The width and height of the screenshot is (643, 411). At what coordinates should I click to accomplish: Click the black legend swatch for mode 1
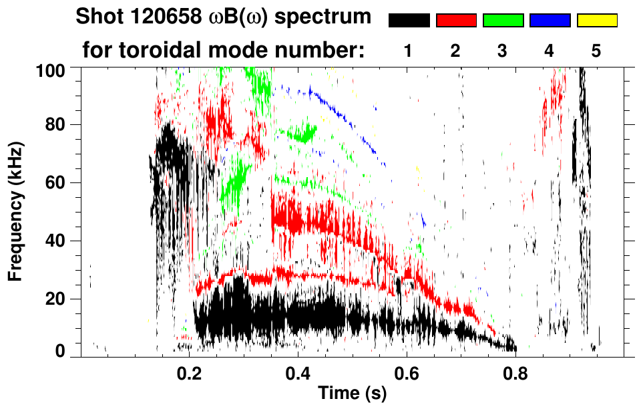tap(409, 21)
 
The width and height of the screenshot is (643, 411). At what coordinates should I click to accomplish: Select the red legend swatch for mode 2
tap(456, 21)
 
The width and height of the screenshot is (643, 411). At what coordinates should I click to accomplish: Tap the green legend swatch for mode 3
tap(503, 21)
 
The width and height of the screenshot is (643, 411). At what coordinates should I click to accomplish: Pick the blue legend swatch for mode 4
tap(550, 21)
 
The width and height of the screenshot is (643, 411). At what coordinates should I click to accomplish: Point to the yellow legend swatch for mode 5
tap(596, 21)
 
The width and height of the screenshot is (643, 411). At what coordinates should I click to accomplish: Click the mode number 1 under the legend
tap(408, 51)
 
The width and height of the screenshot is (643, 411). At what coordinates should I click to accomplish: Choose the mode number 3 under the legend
tap(502, 51)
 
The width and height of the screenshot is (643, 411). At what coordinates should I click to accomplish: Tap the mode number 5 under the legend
tap(596, 51)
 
